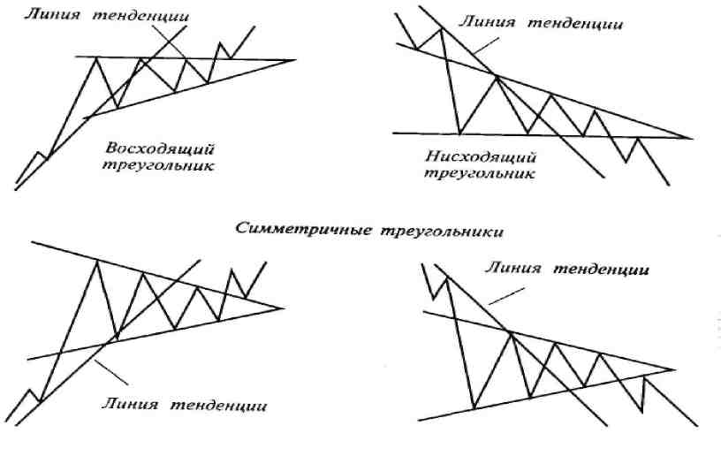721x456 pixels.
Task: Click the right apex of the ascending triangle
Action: [296, 60]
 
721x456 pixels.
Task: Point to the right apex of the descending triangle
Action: [692, 138]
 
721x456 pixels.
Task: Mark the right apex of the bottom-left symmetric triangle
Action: [284, 308]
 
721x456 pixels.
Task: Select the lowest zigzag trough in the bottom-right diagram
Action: [474, 409]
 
